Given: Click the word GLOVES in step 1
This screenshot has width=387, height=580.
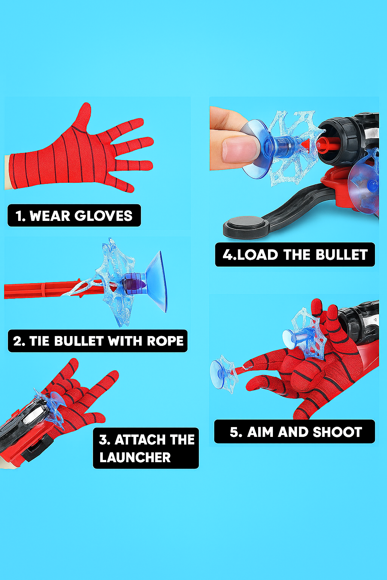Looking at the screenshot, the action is point(104,216).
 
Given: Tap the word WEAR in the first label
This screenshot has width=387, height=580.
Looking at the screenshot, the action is point(50,216).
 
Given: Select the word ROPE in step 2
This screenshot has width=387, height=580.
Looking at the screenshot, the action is point(165,341).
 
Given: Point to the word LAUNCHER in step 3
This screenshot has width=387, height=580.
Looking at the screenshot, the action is point(135,458).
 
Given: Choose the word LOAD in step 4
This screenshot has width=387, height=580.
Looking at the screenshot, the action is point(258,255).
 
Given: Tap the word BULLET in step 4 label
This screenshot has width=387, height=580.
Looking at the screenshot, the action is point(342,255).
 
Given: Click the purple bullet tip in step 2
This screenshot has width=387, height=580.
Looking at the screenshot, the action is point(135,284).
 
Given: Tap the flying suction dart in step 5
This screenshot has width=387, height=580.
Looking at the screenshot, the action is point(224,373).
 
